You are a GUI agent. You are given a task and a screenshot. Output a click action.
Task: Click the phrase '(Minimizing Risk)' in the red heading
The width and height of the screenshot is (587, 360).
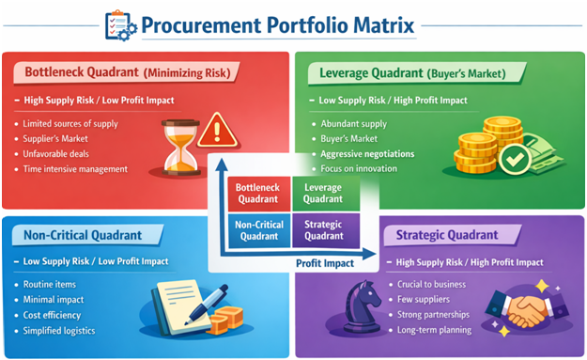point(191,71)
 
